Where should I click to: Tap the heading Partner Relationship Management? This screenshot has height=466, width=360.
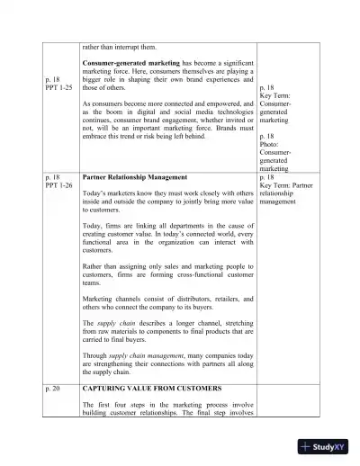pyautogui.click(x=131, y=177)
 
